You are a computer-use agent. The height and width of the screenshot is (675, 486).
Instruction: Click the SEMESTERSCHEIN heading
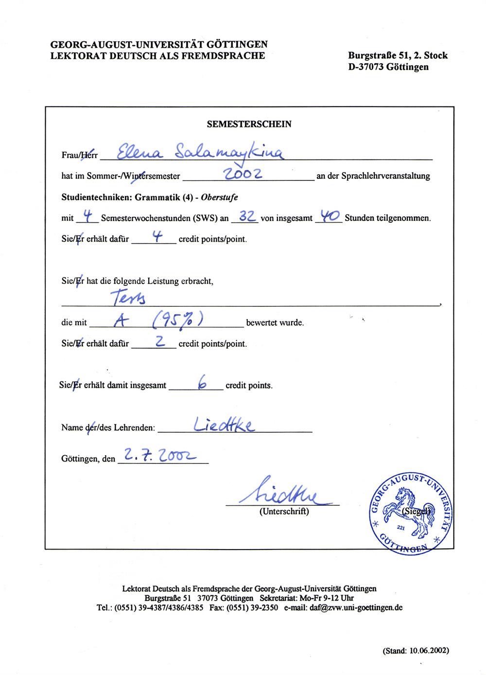249,124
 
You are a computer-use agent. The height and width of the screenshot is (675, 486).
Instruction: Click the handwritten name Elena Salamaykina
194,152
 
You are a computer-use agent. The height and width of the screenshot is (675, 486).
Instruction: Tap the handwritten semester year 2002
243,174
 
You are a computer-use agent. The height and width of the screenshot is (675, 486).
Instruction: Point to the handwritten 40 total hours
329,216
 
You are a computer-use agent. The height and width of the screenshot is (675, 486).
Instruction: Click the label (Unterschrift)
284,511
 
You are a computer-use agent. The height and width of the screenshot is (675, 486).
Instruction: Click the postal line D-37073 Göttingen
388,67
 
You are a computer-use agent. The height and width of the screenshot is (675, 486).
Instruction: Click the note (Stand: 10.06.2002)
416,650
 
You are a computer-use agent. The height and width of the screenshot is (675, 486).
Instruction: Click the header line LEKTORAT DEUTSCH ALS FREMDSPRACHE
158,55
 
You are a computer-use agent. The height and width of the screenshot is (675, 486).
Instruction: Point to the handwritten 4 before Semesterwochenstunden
88,217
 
